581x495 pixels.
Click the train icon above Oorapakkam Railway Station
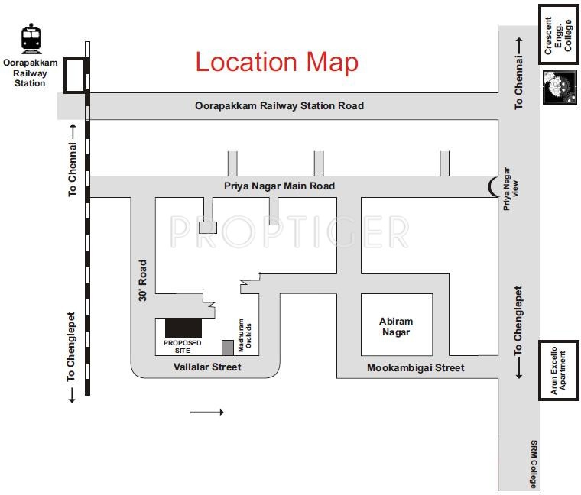point(31,39)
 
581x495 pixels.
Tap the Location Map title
point(277,62)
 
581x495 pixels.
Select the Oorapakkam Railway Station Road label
point(280,106)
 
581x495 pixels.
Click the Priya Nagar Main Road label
point(279,186)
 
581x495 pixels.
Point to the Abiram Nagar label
point(395,326)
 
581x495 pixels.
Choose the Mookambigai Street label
point(415,367)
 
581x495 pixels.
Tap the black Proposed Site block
point(183,327)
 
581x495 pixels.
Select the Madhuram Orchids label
point(244,335)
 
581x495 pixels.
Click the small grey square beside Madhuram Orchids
point(228,348)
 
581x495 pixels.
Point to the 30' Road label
point(143,280)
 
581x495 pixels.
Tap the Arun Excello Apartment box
point(560,370)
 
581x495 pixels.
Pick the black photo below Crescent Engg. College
point(559,87)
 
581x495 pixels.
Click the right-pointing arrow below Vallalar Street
point(206,412)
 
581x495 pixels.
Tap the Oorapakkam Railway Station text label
point(31,73)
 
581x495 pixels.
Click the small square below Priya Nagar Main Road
point(208,227)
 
